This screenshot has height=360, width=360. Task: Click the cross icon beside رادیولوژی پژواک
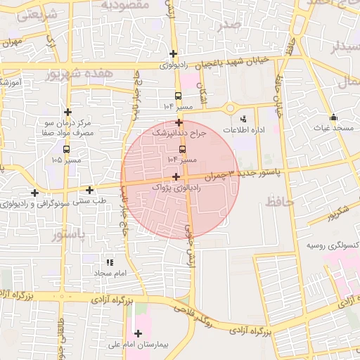(175, 176)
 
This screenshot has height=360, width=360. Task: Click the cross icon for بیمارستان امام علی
(138, 333)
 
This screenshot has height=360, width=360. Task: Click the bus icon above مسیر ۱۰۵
(67, 149)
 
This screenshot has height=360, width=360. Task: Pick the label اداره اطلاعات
(244, 131)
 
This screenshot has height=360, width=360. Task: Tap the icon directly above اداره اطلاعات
(244, 118)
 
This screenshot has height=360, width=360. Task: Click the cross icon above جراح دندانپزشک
(179, 122)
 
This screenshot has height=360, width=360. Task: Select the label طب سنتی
(89, 201)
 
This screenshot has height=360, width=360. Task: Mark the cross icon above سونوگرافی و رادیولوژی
(34, 193)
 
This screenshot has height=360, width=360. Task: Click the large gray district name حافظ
(280, 203)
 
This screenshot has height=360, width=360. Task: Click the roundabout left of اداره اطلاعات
(229, 108)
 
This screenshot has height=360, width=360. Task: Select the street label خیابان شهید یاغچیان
(232, 62)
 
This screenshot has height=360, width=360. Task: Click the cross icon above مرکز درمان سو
(67, 112)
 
